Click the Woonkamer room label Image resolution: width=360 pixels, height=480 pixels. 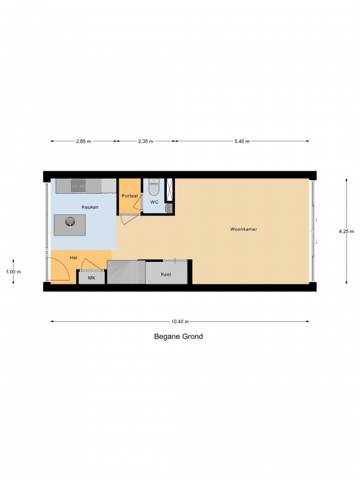(x=244, y=229)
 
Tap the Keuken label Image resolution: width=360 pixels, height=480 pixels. (x=90, y=207)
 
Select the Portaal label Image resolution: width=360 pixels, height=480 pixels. (x=129, y=196)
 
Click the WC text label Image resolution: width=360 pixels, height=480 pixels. (x=154, y=202)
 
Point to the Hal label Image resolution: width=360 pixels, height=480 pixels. (x=74, y=257)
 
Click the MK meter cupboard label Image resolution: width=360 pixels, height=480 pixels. (x=91, y=278)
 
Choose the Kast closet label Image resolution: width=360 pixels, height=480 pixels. (x=166, y=274)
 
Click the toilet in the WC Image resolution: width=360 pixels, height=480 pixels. (x=154, y=187)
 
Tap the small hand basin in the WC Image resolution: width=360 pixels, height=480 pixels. (x=169, y=209)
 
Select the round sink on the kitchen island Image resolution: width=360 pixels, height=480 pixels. (x=70, y=222)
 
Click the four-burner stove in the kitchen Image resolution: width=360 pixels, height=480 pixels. (x=78, y=186)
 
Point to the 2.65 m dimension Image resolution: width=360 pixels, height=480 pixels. (x=84, y=141)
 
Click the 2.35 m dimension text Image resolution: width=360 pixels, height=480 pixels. (x=146, y=141)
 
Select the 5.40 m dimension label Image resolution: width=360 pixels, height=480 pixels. (x=242, y=141)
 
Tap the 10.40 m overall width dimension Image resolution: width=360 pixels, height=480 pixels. (x=180, y=321)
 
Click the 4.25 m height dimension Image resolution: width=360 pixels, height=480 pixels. (x=346, y=231)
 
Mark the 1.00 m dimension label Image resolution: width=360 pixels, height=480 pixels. (x=14, y=272)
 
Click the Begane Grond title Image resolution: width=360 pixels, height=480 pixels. (x=179, y=336)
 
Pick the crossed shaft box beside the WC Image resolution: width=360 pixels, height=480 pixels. (x=169, y=190)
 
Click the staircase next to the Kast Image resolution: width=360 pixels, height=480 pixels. (x=126, y=272)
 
